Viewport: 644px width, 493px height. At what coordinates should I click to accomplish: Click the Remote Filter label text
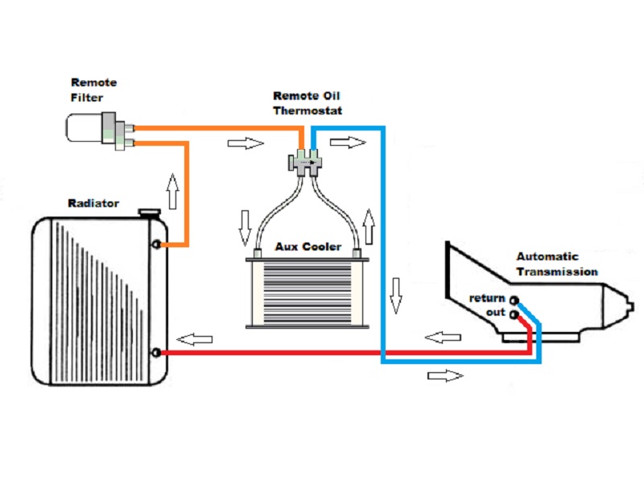tap(93, 90)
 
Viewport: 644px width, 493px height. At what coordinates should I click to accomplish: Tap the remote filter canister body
tap(85, 128)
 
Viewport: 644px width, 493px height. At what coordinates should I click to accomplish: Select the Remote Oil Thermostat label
tap(308, 103)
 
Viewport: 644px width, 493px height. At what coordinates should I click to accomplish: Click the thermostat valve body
tap(305, 163)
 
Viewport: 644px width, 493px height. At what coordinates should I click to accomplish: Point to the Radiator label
tap(93, 203)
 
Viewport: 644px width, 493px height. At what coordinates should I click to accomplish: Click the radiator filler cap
tap(149, 213)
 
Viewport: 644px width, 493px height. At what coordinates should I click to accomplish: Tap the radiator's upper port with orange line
tap(156, 244)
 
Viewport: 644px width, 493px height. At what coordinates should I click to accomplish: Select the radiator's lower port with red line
tap(156, 353)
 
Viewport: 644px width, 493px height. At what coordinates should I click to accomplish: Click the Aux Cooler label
tap(308, 246)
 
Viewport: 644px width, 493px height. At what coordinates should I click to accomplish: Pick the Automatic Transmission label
tap(557, 263)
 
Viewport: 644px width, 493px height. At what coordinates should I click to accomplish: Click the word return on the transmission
tap(487, 298)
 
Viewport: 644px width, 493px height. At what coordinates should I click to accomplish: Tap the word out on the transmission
tap(495, 313)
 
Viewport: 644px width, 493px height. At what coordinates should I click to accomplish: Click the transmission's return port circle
tap(514, 300)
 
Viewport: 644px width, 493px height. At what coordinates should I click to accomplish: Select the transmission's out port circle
tap(514, 315)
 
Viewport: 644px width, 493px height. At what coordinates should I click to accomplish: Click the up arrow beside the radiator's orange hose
tap(173, 192)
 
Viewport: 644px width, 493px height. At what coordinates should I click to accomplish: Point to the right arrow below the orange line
tap(246, 143)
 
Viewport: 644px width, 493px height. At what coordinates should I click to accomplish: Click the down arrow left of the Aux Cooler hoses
tap(245, 228)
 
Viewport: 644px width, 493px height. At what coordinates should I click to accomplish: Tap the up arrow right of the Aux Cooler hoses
tap(369, 227)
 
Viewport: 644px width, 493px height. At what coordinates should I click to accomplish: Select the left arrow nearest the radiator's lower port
tap(194, 339)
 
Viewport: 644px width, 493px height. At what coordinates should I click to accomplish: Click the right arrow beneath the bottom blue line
tap(446, 375)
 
